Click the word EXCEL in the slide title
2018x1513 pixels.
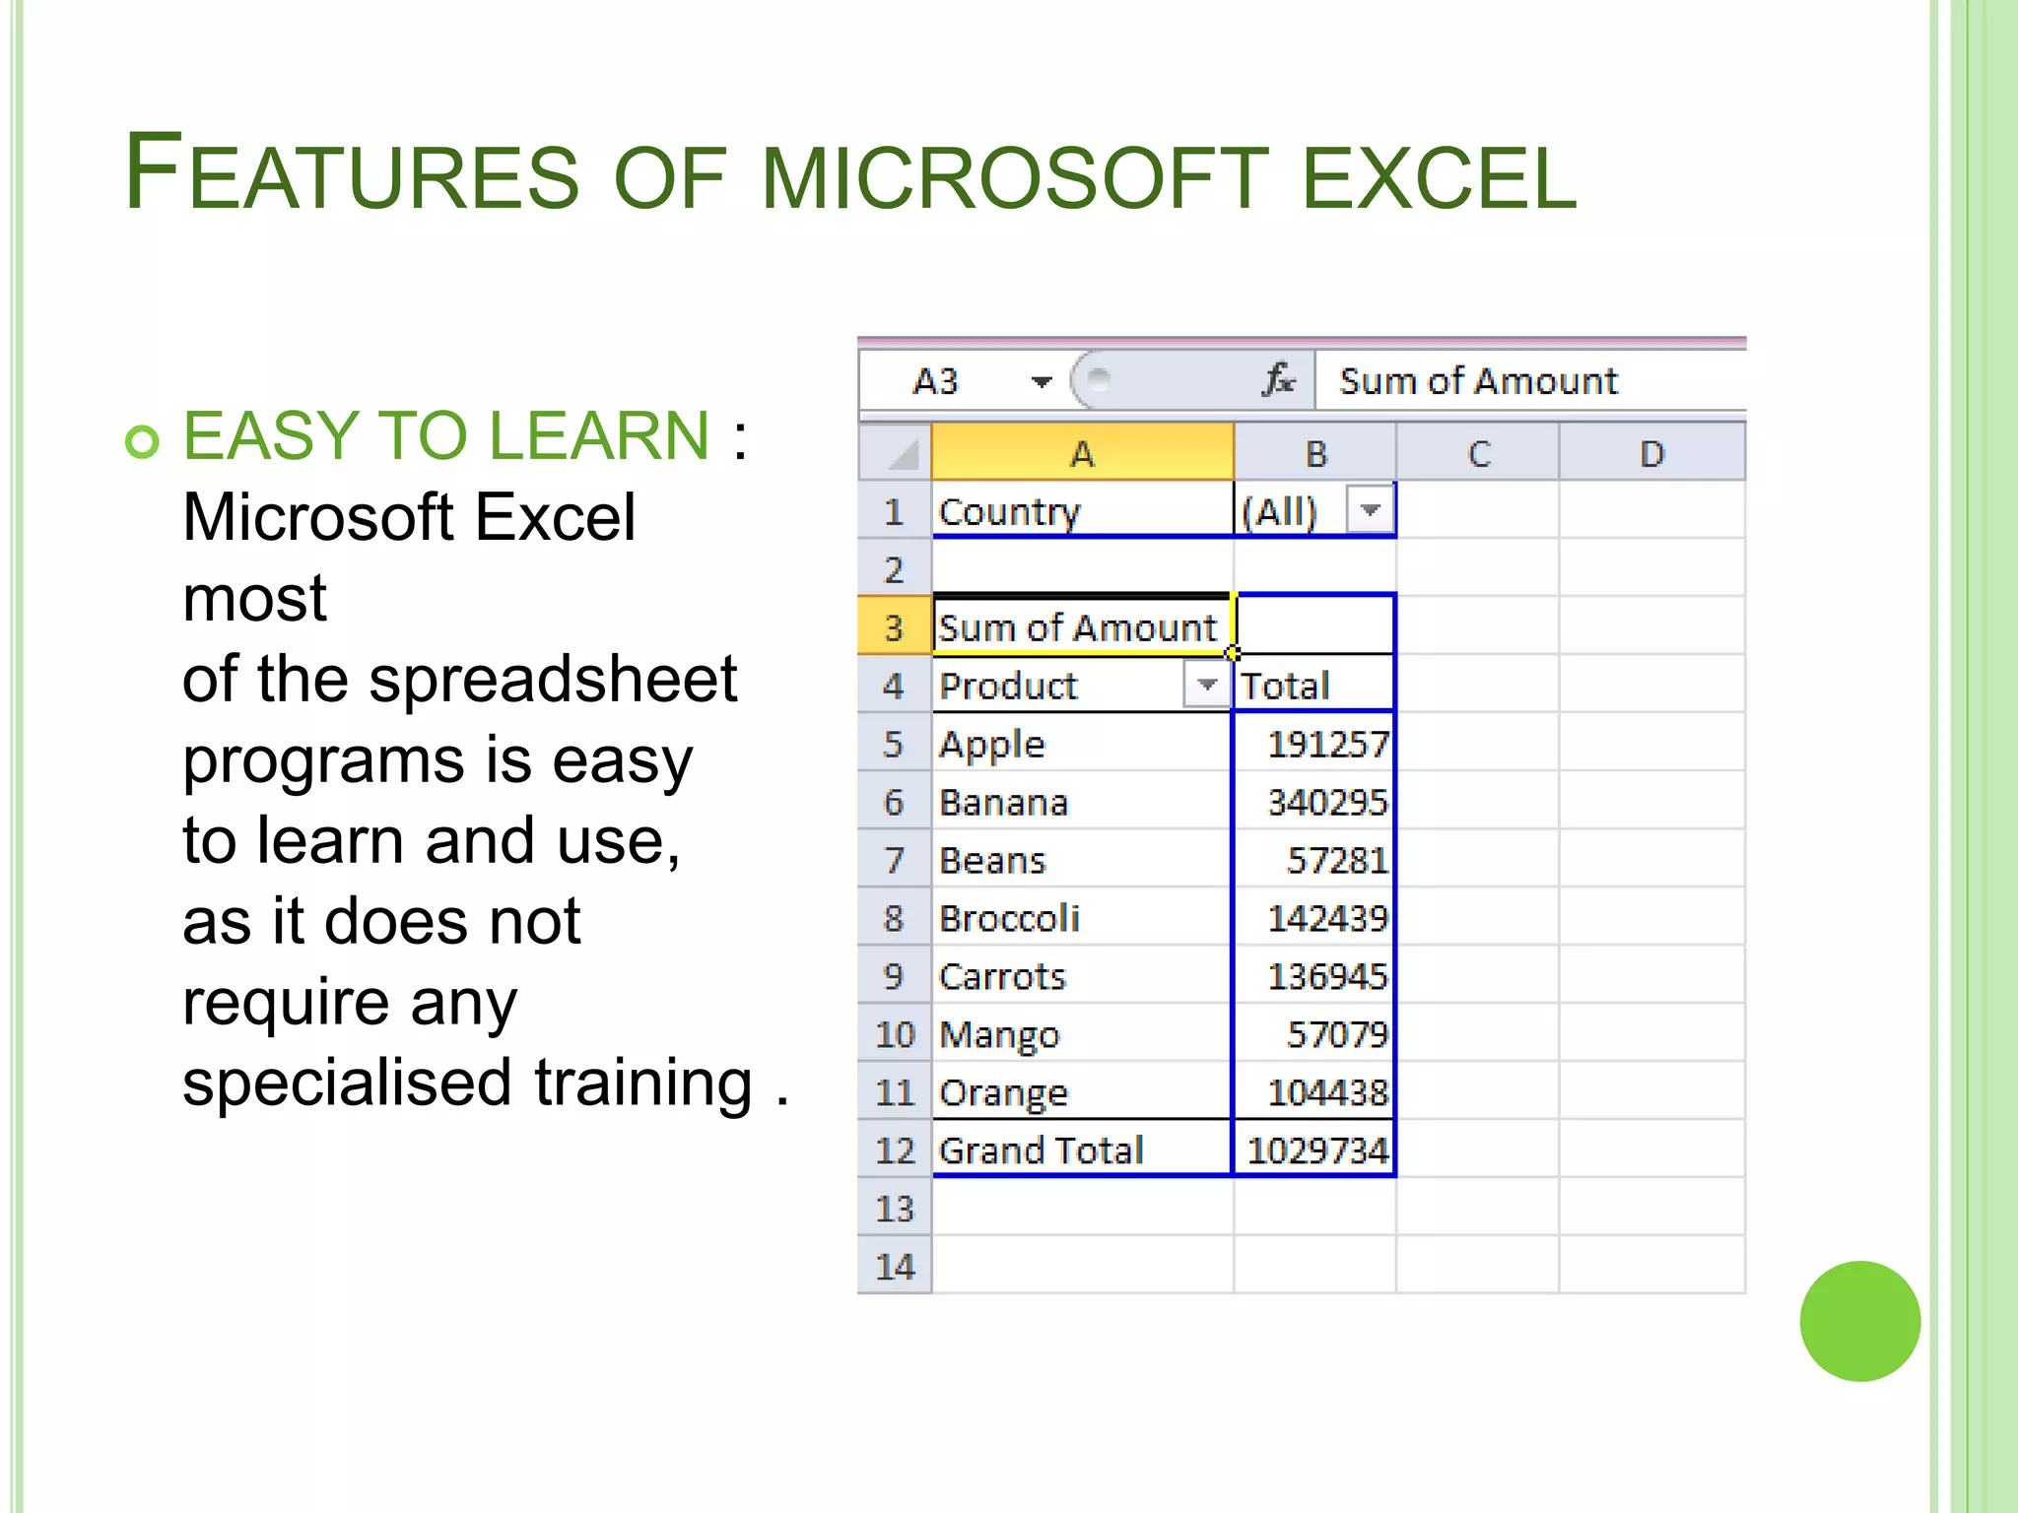pos(1439,177)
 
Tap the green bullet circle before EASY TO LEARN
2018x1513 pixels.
pos(142,440)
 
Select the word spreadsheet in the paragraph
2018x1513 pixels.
pos(552,680)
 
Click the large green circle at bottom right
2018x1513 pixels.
pos(1859,1321)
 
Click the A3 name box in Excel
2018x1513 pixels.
pos(936,381)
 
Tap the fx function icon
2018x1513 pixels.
pos(1278,380)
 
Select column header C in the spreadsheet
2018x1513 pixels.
pos(1478,454)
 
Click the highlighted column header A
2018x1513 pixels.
pos(1082,454)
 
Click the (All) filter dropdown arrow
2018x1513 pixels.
pos(1371,510)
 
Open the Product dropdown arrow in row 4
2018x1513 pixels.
pos(1206,685)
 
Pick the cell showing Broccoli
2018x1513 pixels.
pos(1009,918)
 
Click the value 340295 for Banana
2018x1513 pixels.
pos(1326,803)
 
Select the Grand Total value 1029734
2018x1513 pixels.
pos(1317,1151)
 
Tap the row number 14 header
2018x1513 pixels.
pos(895,1267)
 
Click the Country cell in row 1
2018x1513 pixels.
pos(1009,512)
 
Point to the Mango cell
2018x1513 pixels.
pos(999,1035)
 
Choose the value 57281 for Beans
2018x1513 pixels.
pos(1336,861)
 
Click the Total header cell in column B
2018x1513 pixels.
pos(1285,686)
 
